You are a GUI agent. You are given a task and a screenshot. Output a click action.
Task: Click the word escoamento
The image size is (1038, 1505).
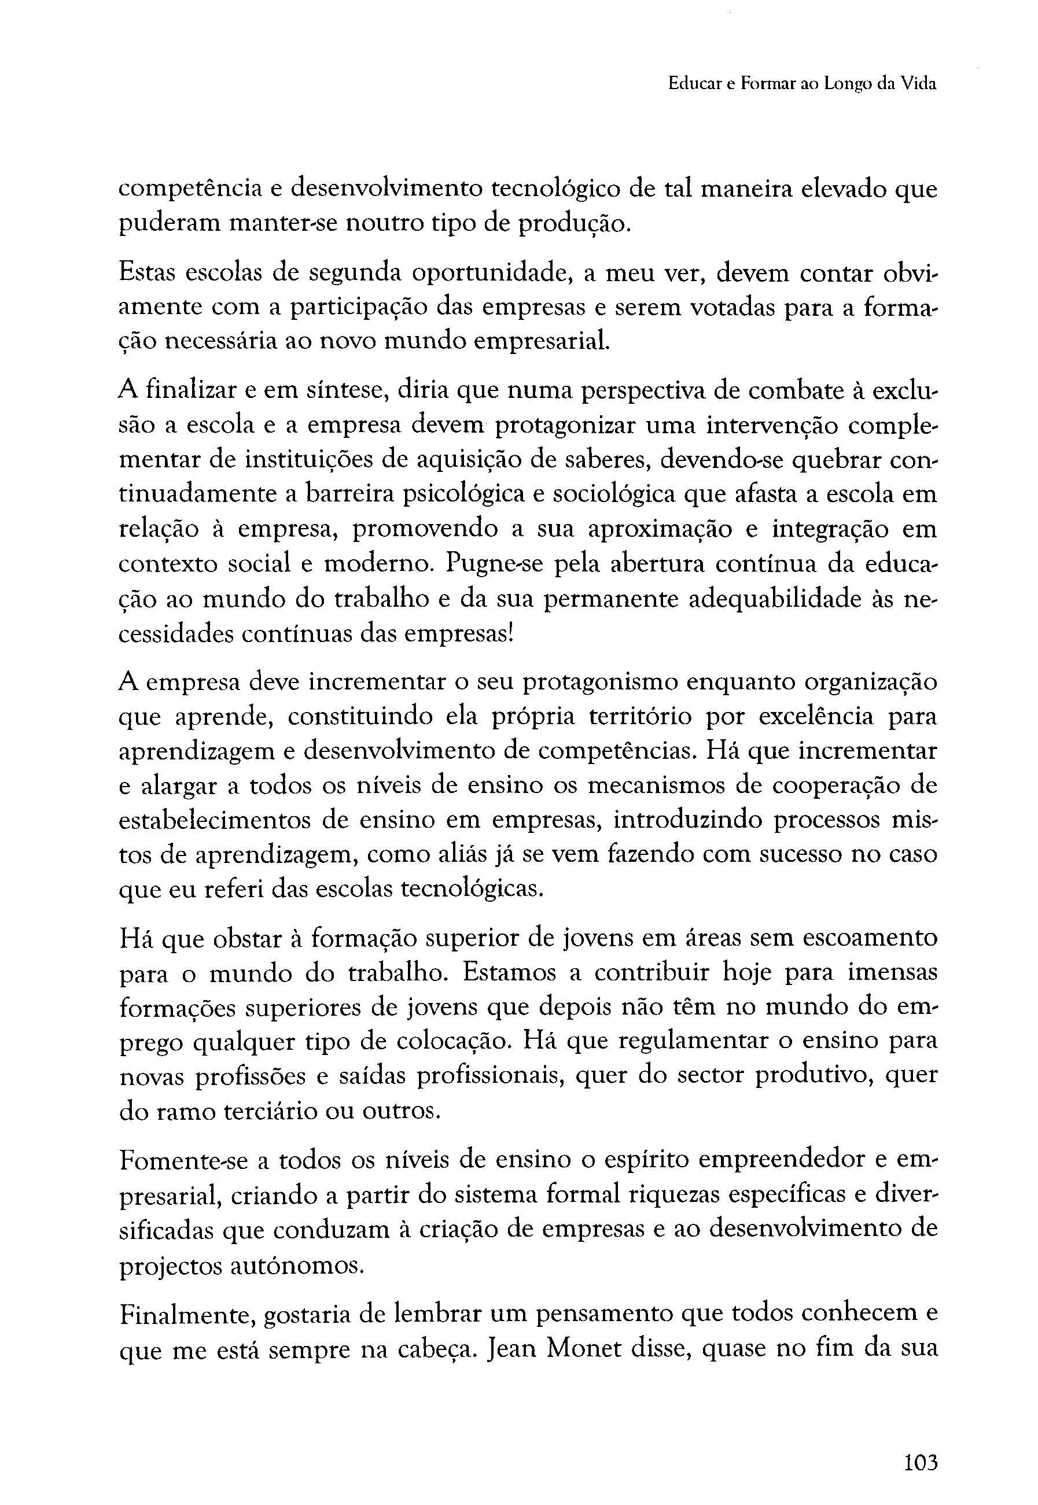(870, 938)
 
